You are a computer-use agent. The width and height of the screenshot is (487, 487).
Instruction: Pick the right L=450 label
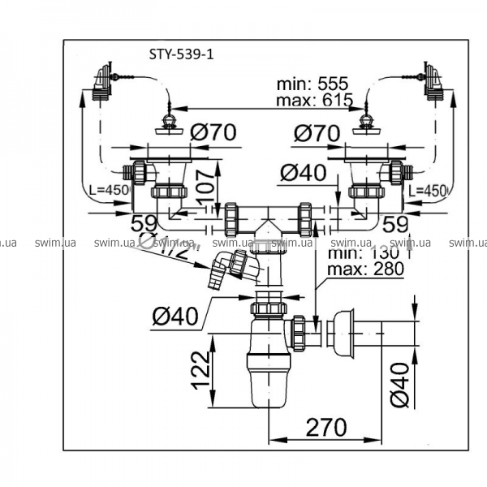[x=428, y=191]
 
